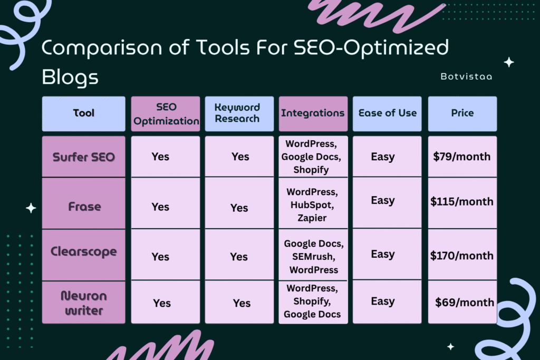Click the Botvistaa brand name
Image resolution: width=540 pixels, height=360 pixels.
(x=466, y=76)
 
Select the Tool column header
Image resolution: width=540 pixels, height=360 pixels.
(x=84, y=113)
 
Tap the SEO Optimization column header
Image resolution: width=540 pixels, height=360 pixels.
(x=166, y=113)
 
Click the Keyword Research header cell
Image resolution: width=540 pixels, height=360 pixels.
(x=239, y=113)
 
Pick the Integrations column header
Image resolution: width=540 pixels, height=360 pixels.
(x=313, y=113)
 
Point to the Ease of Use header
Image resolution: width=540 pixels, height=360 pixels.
(x=387, y=113)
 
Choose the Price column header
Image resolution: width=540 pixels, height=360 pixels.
(x=462, y=113)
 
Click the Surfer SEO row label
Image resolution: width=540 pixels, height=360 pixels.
(x=84, y=157)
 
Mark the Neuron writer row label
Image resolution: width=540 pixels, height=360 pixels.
(x=84, y=303)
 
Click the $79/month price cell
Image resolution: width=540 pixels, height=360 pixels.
(x=462, y=157)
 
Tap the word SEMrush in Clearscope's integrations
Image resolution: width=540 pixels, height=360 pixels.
(x=313, y=257)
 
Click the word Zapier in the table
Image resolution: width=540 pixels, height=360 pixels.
(x=312, y=218)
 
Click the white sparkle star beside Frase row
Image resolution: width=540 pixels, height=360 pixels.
(x=31, y=208)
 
